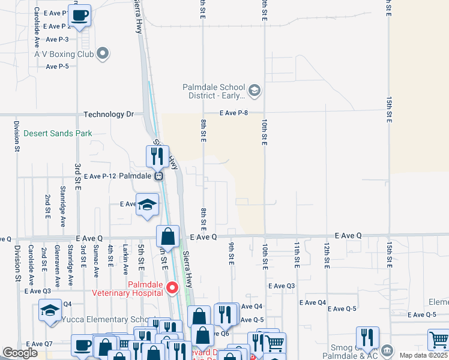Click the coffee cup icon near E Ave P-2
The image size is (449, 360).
(79, 15)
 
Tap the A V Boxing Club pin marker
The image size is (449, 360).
(103, 53)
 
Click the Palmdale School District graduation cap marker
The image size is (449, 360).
(254, 91)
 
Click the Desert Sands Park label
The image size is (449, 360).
(58, 133)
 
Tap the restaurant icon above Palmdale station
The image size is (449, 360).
(157, 157)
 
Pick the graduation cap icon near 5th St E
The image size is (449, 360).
(147, 204)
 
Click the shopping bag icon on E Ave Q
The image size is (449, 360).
(167, 236)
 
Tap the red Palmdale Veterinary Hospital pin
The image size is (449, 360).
(173, 288)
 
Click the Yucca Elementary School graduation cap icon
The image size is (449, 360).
(50, 310)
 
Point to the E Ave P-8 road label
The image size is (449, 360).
(234, 113)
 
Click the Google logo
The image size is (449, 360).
(20, 353)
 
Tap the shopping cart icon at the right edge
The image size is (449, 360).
(439, 340)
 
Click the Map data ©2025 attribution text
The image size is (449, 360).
(423, 355)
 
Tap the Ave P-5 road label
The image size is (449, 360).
(57, 66)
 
